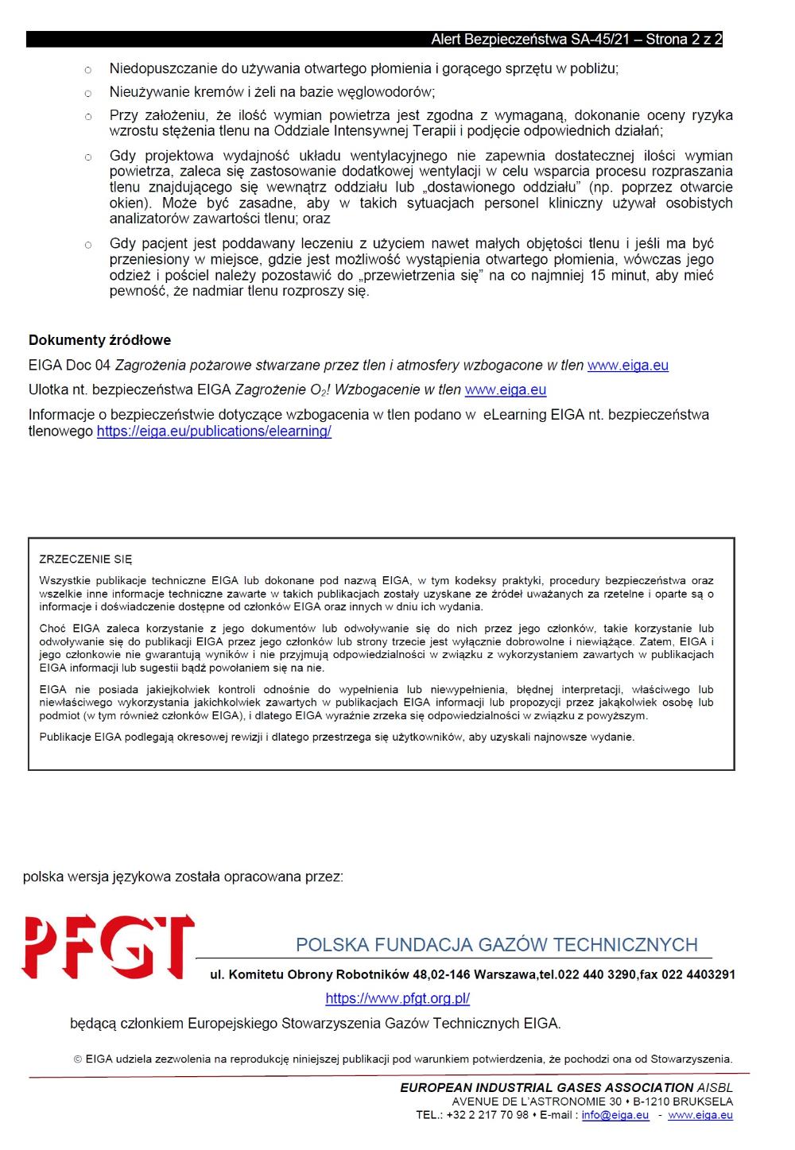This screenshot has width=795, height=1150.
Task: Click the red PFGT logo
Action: click(108, 947)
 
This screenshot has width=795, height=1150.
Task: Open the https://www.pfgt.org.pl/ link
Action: click(397, 998)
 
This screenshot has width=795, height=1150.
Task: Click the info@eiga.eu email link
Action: click(615, 1115)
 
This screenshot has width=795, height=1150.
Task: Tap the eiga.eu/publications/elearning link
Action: click(214, 432)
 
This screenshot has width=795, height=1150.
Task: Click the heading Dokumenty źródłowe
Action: click(99, 340)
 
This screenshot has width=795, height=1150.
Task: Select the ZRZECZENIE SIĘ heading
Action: click(85, 560)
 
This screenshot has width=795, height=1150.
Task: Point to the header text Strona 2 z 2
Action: click(684, 39)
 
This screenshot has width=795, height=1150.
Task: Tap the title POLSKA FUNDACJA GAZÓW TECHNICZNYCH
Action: click(496, 945)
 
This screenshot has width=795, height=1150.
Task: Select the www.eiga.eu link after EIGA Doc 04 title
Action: click(627, 366)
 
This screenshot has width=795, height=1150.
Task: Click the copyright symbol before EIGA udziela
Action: click(78, 1059)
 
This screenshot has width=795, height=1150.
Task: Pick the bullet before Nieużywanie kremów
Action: click(88, 93)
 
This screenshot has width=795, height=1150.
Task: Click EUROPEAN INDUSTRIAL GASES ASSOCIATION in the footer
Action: click(547, 1087)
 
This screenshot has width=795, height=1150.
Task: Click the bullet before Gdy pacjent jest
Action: click(88, 245)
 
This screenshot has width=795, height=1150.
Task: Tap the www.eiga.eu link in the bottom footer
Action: click(700, 1115)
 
